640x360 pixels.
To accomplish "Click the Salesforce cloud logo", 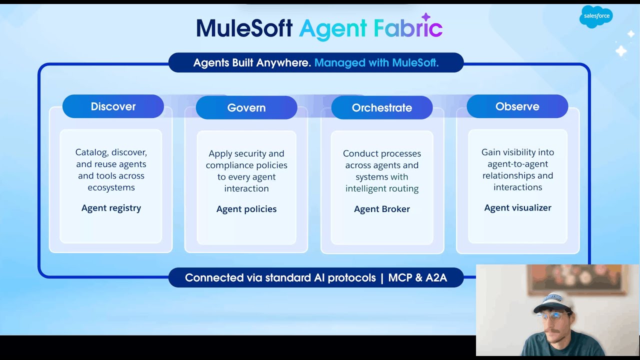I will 595,16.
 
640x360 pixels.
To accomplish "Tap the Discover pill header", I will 113,106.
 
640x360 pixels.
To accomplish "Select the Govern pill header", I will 246,107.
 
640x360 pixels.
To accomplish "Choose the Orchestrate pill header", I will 382,107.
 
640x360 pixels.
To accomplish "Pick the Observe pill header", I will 517,106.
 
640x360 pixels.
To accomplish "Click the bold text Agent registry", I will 111,208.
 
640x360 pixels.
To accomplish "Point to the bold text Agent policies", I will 246,209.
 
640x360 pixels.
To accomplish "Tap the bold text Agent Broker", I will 382,209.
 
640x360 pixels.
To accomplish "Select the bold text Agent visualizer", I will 517,208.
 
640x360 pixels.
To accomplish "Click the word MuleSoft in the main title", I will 244,28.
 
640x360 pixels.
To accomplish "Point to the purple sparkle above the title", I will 426,17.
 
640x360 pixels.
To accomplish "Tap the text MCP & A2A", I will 417,277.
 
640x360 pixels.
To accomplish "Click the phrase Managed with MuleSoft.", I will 376,63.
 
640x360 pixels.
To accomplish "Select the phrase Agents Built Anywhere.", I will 252,63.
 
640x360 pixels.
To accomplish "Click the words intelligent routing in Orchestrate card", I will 382,188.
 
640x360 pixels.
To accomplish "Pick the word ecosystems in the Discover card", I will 111,187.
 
